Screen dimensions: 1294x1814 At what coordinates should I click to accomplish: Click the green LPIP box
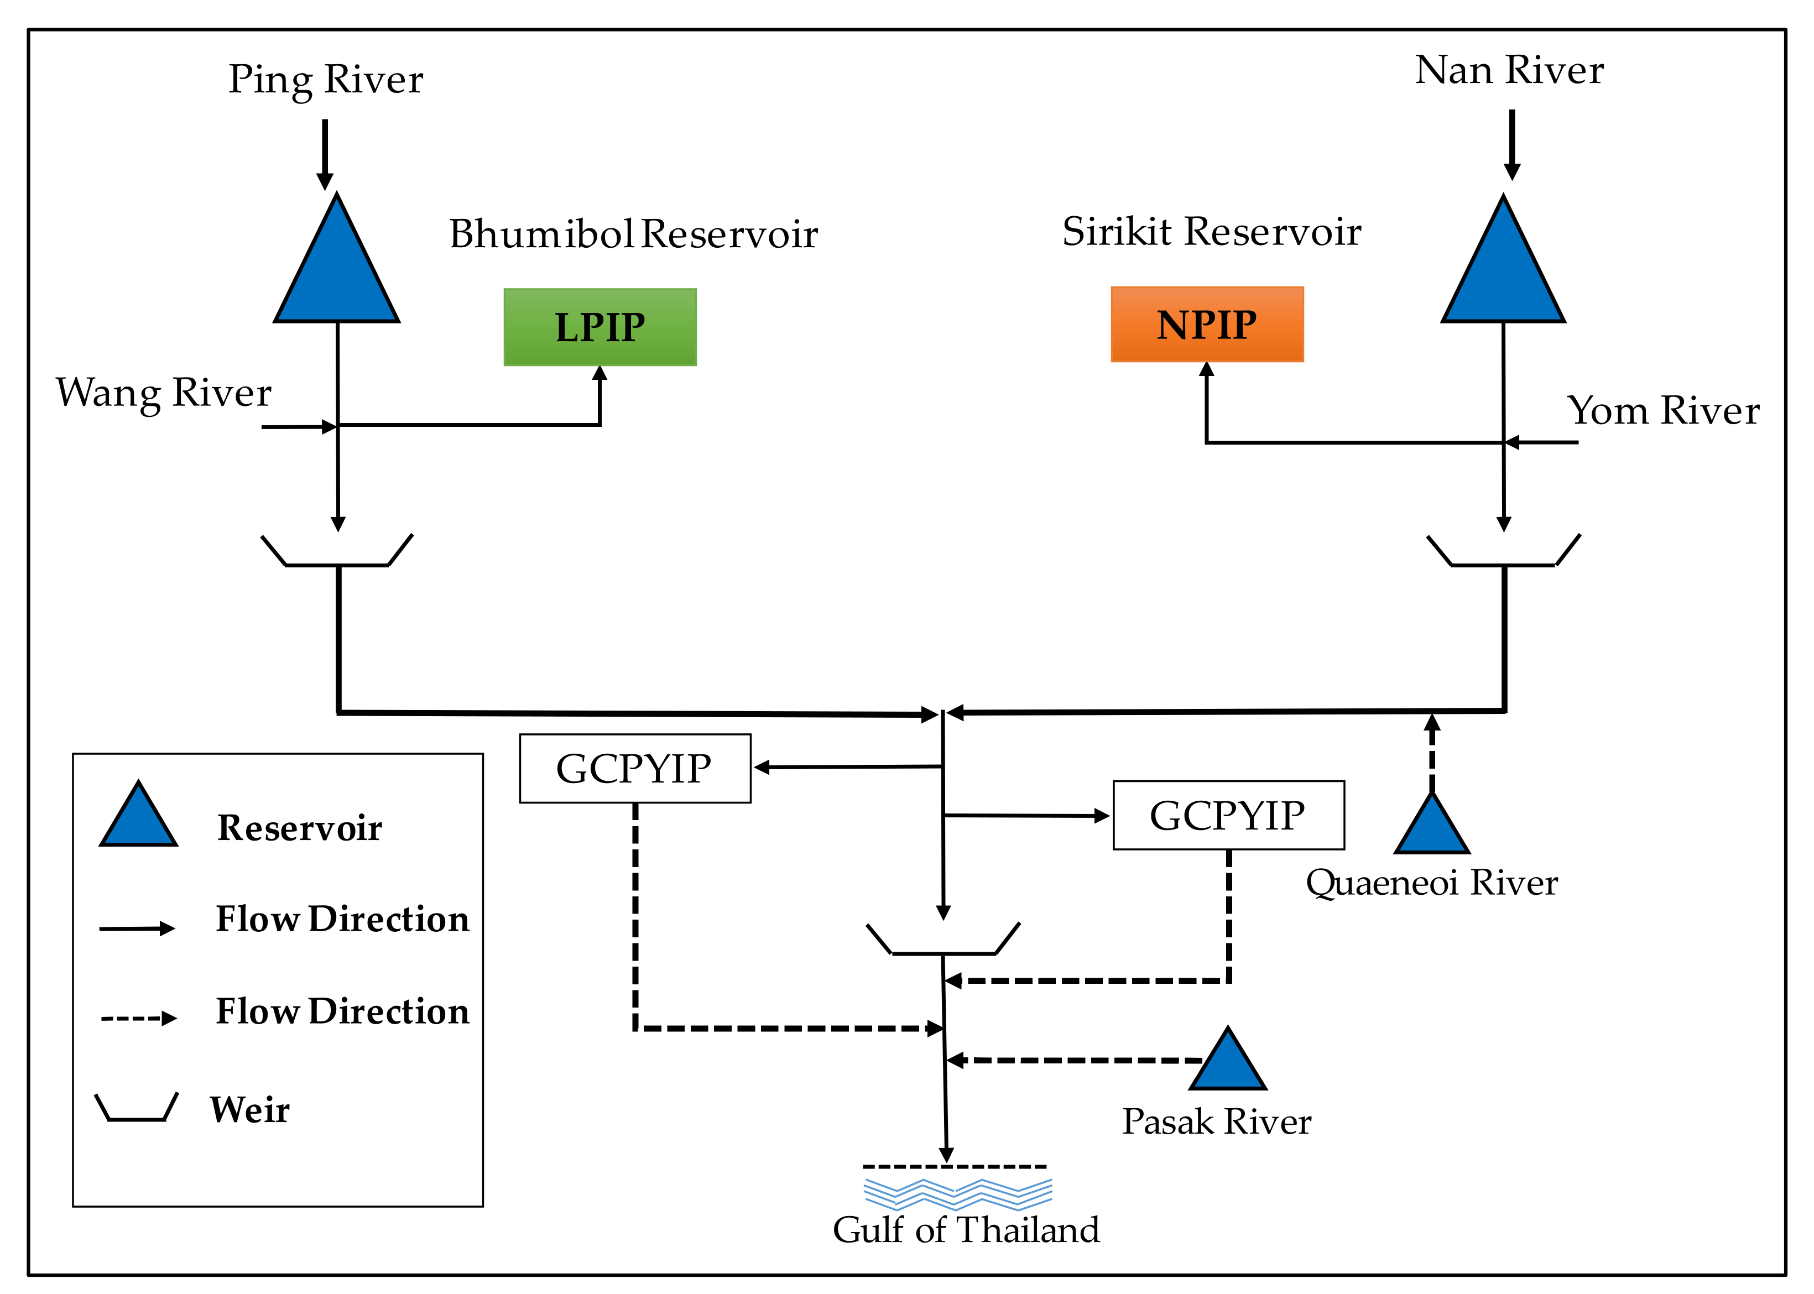point(600,327)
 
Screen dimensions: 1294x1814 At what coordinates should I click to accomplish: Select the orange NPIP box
point(1207,324)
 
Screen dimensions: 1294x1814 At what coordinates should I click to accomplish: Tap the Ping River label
point(326,79)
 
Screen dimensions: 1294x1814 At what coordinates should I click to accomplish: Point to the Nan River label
point(1509,70)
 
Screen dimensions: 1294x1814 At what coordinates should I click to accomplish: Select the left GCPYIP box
point(635,768)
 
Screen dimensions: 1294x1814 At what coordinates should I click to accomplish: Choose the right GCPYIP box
point(1228,815)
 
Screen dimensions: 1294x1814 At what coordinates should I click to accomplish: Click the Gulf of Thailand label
point(966,1229)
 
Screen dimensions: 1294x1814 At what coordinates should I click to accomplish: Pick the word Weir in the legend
point(249,1109)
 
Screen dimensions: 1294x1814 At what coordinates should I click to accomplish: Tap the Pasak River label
point(1217,1122)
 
